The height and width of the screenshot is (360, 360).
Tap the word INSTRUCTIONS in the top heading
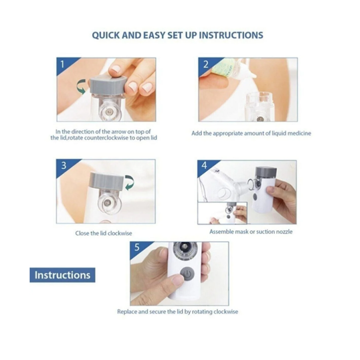tap(231, 35)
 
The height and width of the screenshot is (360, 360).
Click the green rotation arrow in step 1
tap(82, 86)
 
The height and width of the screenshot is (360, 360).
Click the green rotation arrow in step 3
tap(130, 182)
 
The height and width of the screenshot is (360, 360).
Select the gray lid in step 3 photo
tap(107, 182)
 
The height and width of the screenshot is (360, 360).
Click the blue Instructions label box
tap(63, 275)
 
